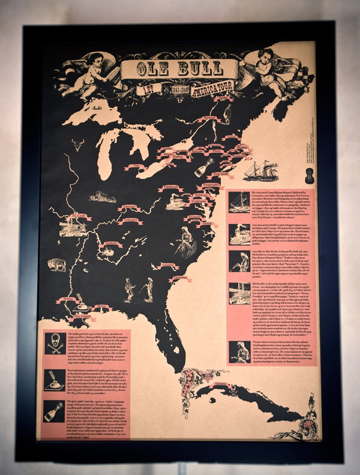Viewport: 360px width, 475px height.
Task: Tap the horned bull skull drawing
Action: click(x=79, y=144)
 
